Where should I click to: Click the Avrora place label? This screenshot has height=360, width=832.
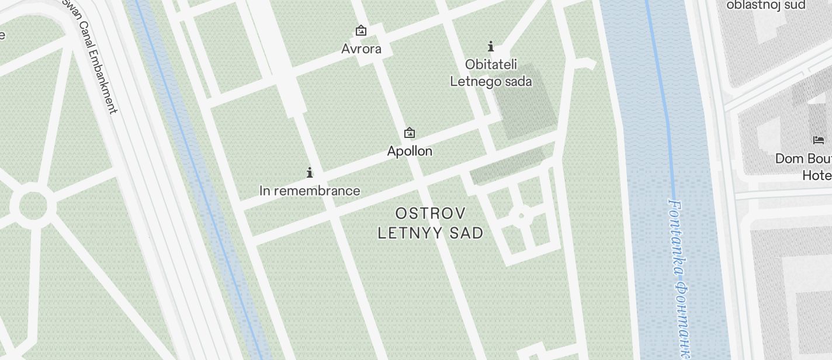[361, 49]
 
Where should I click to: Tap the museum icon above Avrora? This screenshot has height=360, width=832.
[361, 30]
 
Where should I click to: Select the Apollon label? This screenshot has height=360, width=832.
[410, 151]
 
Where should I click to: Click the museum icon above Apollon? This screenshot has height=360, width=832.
[410, 133]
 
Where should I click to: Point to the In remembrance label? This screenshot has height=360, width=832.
[310, 191]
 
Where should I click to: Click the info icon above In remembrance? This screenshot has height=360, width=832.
[310, 172]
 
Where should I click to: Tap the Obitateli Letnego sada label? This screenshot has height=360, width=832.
[491, 72]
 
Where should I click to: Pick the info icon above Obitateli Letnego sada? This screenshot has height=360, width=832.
[491, 46]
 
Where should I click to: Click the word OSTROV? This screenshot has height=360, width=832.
[431, 213]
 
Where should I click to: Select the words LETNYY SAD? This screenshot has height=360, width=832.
[431, 233]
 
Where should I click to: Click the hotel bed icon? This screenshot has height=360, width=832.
[819, 140]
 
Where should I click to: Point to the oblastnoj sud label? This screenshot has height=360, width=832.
[766, 5]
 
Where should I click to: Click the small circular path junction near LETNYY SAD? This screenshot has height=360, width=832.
[521, 216]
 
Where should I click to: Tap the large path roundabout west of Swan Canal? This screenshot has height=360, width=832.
[33, 205]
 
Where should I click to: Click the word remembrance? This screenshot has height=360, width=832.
[325, 191]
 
